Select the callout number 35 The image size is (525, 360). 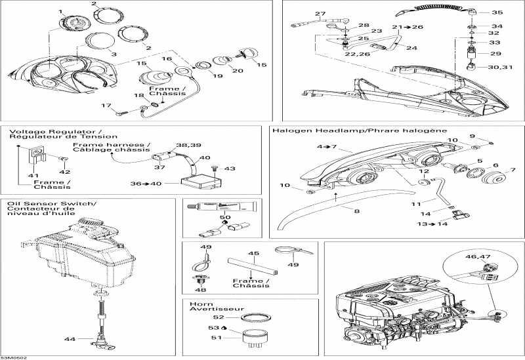click(496, 12)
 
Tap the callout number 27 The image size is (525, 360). click(320, 14)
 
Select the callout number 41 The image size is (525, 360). click(30, 176)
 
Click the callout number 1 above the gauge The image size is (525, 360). click(61, 12)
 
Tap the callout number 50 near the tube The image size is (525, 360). click(225, 216)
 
